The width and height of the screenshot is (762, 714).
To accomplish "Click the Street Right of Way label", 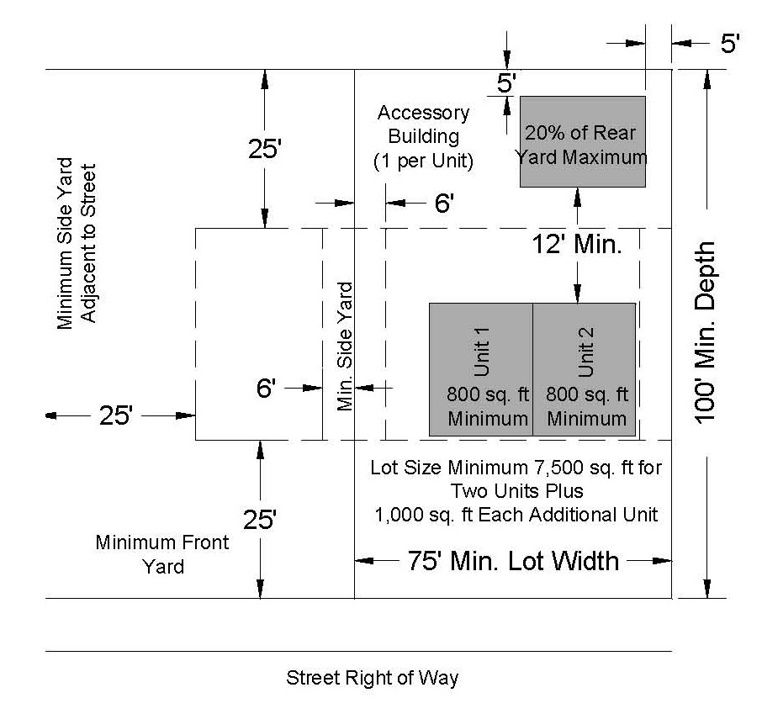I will tap(373, 678).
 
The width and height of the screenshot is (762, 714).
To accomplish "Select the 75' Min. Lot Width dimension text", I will tap(513, 560).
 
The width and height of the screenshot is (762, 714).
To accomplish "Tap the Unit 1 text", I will tap(481, 348).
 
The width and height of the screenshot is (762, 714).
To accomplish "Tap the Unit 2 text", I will tap(586, 348).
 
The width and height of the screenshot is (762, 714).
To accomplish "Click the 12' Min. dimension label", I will tap(576, 246).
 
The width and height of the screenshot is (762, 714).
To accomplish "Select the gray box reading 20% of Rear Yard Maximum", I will tap(582, 142).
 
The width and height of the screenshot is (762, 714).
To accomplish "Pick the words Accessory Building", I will tap(423, 124).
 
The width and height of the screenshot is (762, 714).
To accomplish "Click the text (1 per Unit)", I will tap(423, 161).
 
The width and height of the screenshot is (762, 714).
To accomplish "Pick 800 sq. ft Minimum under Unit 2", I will tap(586, 406).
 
